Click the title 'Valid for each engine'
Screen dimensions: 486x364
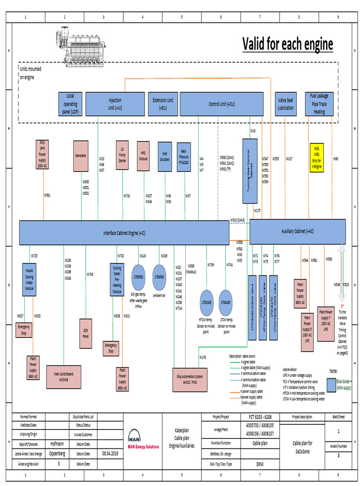pos(288,45)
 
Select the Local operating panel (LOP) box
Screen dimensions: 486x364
pos(70,104)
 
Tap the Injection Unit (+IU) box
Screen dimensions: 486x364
pos(115,104)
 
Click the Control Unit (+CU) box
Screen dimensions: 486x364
pos(221,104)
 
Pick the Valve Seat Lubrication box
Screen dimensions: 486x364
pos(286,104)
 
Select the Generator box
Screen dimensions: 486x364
pos(81,156)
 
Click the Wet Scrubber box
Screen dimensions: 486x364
pos(164,157)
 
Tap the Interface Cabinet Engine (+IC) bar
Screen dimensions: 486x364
pos(124,233)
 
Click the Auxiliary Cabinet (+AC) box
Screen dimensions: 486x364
pos(297,231)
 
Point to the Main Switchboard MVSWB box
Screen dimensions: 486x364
pos(66,375)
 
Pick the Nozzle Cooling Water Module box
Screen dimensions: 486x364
pos(29,280)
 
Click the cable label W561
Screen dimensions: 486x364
pos(47,195)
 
